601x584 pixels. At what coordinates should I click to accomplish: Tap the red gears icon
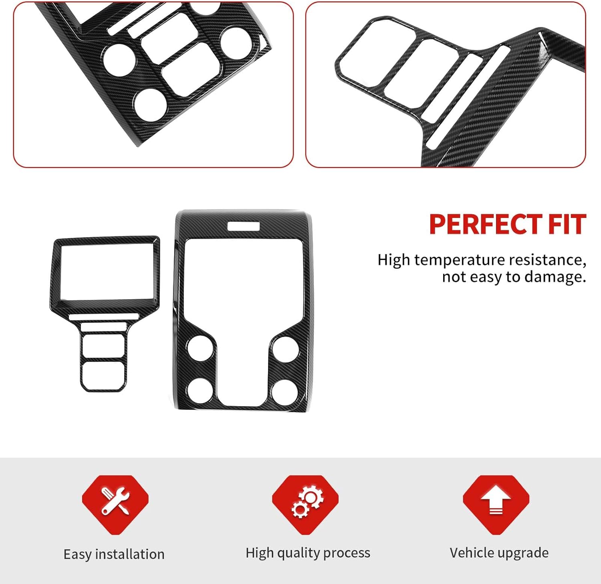[x=306, y=501]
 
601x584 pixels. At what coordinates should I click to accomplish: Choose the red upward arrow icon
[x=496, y=501]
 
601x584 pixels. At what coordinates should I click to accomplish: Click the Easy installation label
[x=114, y=554]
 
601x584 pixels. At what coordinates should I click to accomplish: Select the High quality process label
[x=308, y=553]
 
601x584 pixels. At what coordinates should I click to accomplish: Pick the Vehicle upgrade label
[x=499, y=553]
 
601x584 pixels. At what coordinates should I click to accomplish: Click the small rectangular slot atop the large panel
[x=244, y=226]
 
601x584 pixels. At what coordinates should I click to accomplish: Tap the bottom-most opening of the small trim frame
[x=103, y=375]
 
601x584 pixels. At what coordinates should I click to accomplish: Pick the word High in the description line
[x=394, y=260]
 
